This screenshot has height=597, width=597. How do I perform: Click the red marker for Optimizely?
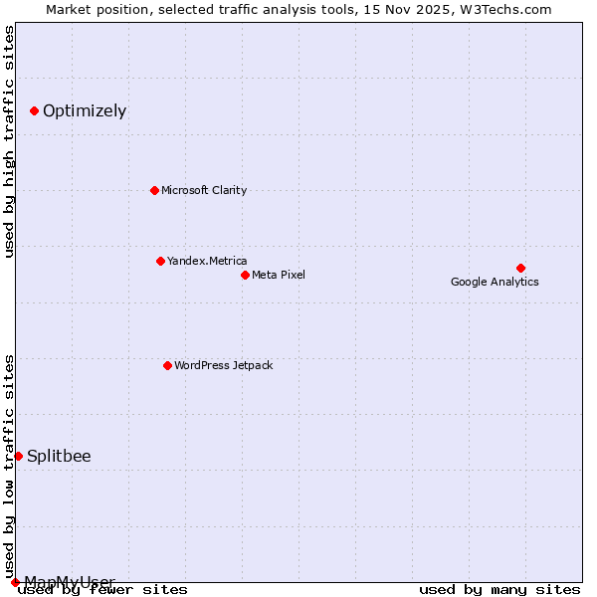(x=34, y=110)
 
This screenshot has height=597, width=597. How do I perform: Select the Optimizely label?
(x=85, y=110)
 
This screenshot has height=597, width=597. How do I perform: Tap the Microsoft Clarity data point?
(x=154, y=190)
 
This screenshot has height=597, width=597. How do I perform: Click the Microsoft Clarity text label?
(x=204, y=190)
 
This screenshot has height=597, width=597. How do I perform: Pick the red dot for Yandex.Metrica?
(x=160, y=261)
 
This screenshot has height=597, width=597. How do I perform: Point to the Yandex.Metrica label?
(x=207, y=261)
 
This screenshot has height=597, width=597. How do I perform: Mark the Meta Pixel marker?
(x=245, y=275)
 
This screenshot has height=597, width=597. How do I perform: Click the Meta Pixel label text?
(x=279, y=275)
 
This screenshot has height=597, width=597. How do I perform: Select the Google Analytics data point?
(x=520, y=268)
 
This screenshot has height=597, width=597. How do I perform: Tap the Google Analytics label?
(x=495, y=282)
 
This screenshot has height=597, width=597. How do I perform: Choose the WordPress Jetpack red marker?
(x=167, y=365)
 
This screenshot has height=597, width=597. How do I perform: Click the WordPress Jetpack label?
(x=223, y=365)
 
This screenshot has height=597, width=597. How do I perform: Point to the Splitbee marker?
(x=18, y=456)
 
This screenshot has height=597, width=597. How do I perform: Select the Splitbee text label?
(x=59, y=457)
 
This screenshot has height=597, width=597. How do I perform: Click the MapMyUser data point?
(x=15, y=582)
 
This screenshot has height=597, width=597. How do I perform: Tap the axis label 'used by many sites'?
(x=499, y=589)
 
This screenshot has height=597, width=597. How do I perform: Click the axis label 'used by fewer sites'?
(x=103, y=589)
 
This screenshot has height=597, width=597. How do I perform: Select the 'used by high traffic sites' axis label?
(x=9, y=141)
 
